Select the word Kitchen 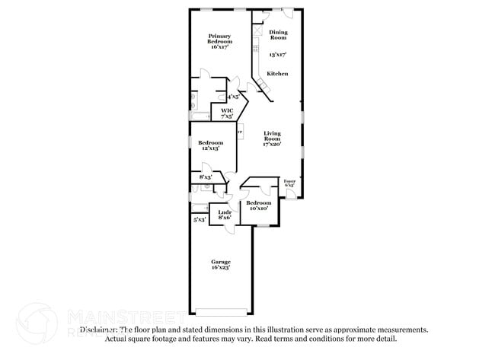(x=276, y=74)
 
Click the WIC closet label (x=226, y=111)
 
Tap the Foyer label (x=289, y=181)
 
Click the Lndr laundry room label (x=225, y=212)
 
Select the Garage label (x=220, y=262)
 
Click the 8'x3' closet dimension (x=205, y=177)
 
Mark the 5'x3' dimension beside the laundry (x=200, y=219)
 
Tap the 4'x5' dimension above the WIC (x=232, y=97)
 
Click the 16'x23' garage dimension (x=220, y=268)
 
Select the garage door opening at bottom (x=221, y=311)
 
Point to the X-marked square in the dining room (x=257, y=31)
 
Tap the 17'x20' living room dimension (x=272, y=145)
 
